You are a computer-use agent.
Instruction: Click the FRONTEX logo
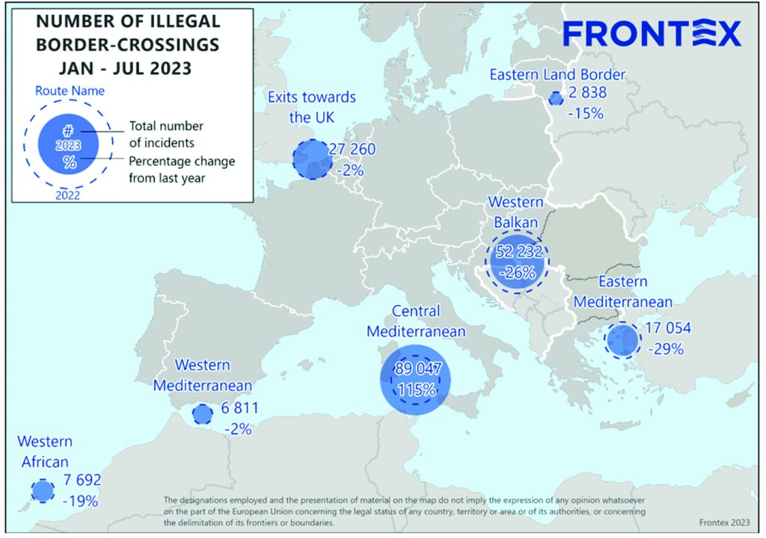tap(652, 33)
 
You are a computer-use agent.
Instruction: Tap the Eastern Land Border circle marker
tap(555, 98)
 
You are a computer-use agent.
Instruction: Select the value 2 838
tap(587, 94)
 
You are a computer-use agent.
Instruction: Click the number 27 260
tap(352, 150)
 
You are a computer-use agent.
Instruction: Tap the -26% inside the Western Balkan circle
tap(516, 272)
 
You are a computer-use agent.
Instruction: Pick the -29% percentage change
tap(667, 349)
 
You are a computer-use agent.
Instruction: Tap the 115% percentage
tap(417, 389)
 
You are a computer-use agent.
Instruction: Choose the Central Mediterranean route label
tap(427, 320)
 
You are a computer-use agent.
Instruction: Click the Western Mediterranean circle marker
tap(202, 415)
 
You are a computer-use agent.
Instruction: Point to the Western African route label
tap(45, 451)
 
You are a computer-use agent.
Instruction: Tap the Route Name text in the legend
tap(70, 91)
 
